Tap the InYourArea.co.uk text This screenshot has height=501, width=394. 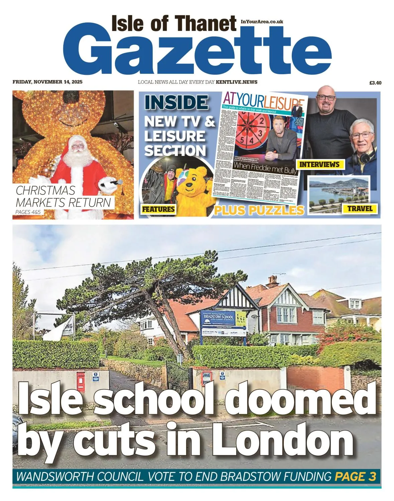[x=262, y=22]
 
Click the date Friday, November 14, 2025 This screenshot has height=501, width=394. [x=47, y=82]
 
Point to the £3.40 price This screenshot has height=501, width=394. [x=375, y=83]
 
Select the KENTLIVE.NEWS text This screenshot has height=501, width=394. [x=237, y=82]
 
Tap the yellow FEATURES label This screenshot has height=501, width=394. [x=158, y=209]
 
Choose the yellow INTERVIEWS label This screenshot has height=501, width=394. [x=319, y=164]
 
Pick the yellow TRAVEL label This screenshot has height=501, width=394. [x=360, y=209]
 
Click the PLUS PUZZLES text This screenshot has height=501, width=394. [x=259, y=210]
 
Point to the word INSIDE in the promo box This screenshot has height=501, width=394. [x=176, y=103]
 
